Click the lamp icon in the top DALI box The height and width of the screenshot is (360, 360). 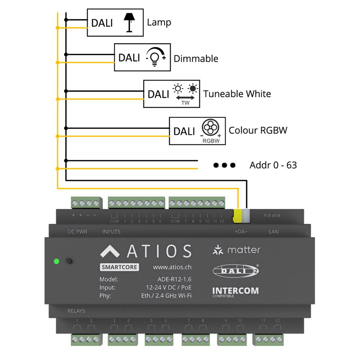point(128,22)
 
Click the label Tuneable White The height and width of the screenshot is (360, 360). point(237,94)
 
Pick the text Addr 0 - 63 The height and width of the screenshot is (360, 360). point(273,165)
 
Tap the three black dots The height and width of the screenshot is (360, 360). point(224,165)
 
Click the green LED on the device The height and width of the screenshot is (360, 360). point(56,262)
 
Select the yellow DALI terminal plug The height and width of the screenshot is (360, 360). point(238,215)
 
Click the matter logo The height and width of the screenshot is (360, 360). point(236,250)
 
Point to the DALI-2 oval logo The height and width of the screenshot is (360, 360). point(236,271)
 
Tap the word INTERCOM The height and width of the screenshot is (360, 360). point(235,290)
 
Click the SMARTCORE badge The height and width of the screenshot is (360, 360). point(119,267)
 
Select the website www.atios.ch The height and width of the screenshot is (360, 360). point(172,267)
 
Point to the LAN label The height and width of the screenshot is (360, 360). point(274,232)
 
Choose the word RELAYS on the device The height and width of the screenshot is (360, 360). point(76,311)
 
